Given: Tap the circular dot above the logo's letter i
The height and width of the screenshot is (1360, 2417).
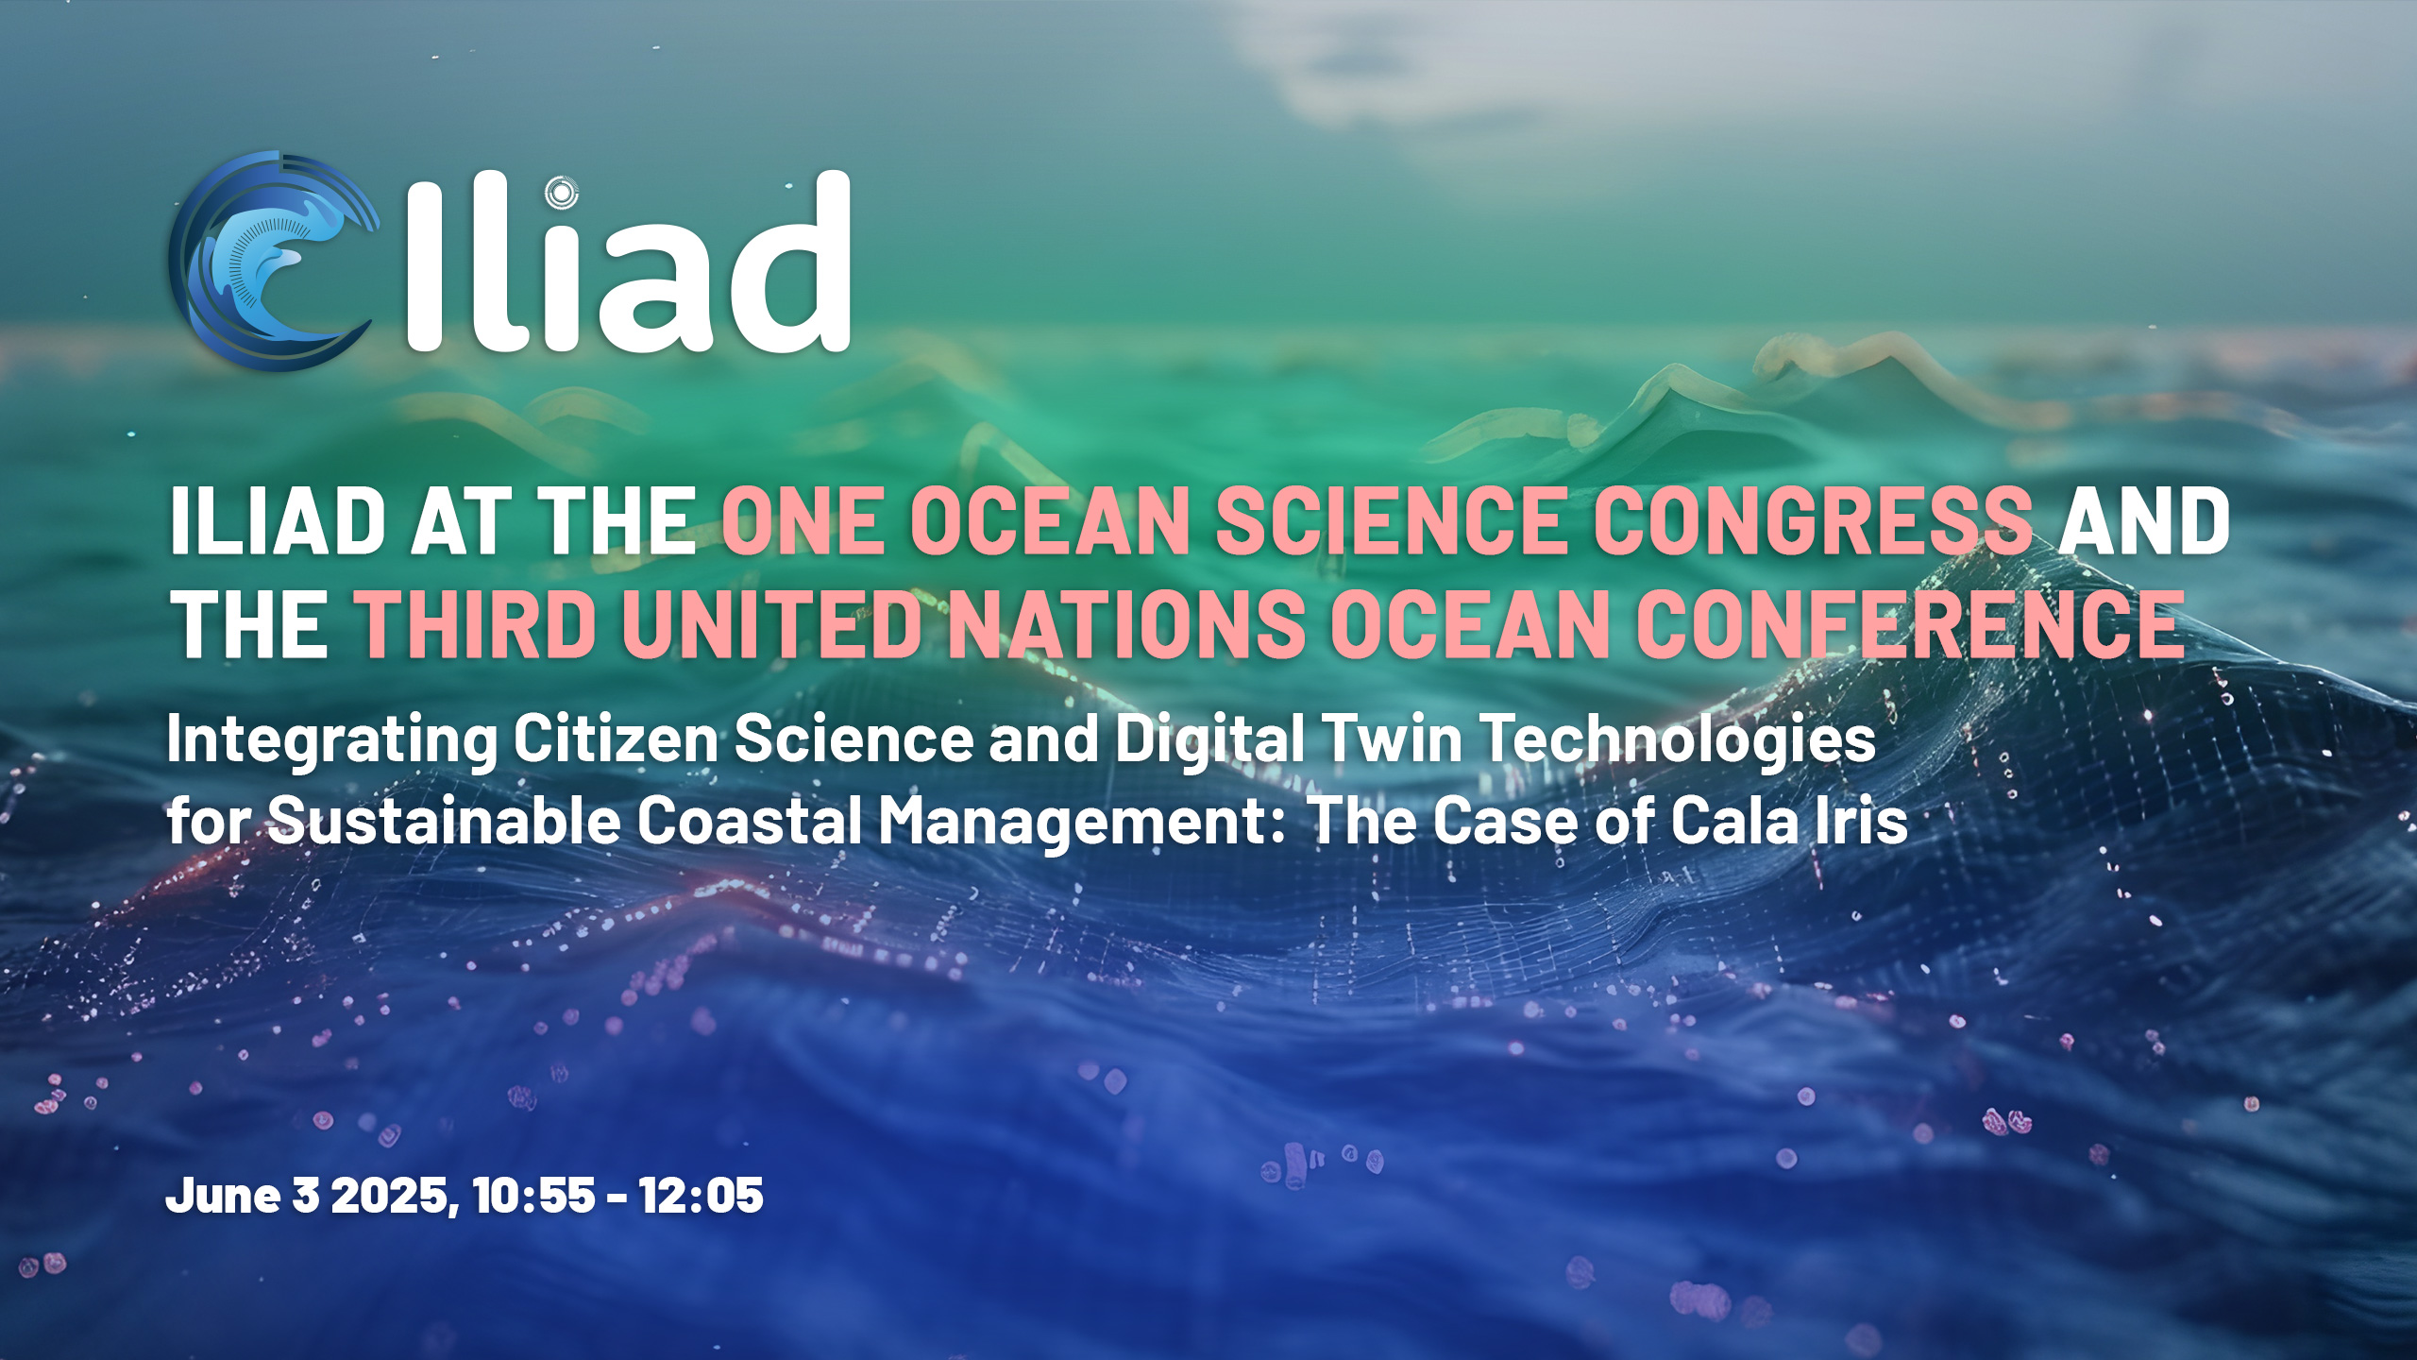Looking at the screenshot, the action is [x=562, y=193].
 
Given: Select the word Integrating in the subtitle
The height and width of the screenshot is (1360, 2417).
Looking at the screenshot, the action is [x=331, y=740].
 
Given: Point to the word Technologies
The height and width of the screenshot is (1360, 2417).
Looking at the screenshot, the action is [x=1680, y=740].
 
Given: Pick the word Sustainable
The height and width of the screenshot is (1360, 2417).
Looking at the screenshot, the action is [x=445, y=820].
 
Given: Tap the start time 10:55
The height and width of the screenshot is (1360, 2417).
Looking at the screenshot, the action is [x=534, y=1196].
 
